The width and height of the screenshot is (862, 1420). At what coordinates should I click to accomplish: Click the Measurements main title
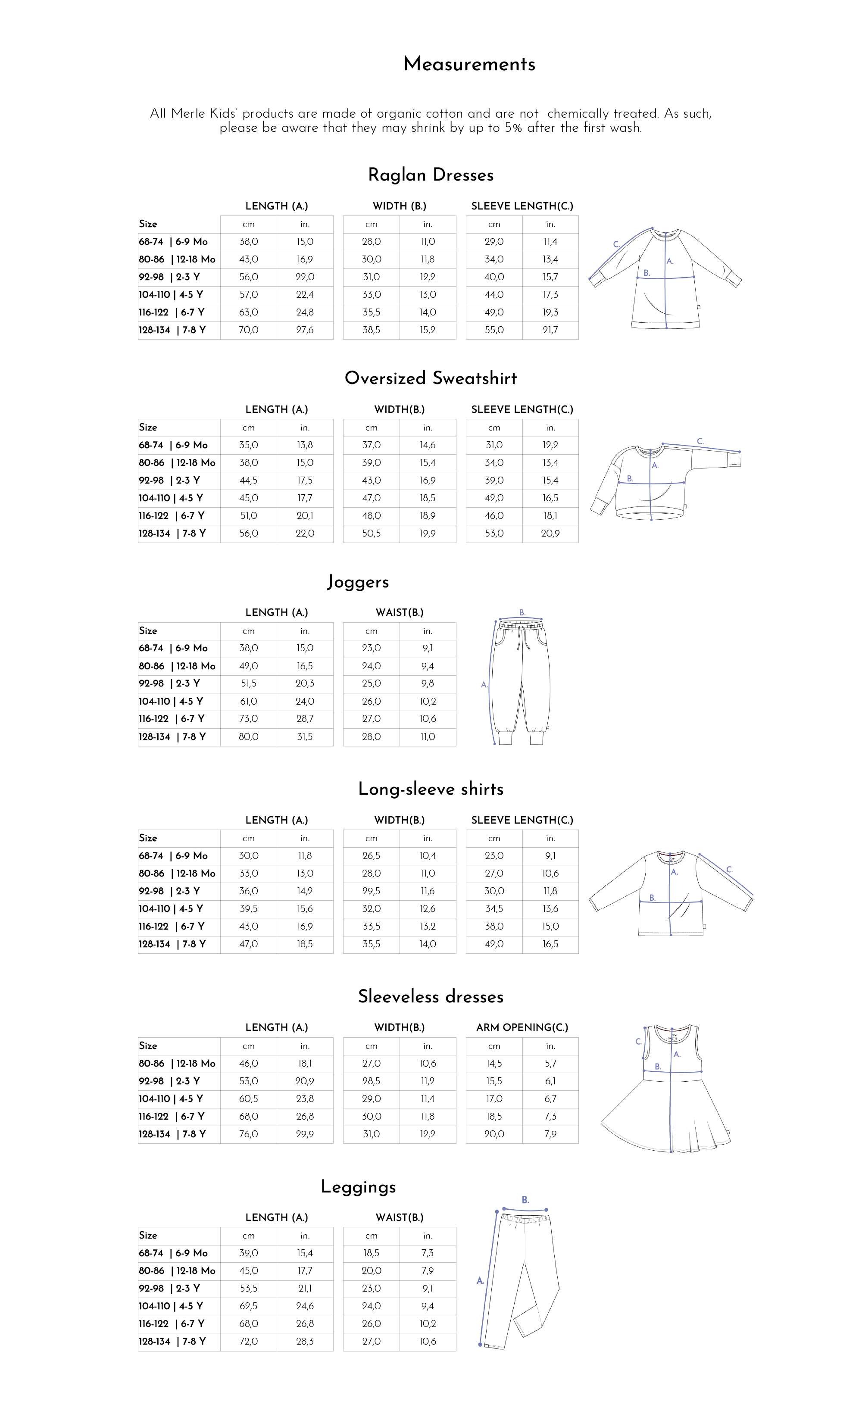[469, 64]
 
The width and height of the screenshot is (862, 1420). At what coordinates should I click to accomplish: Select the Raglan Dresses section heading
[431, 175]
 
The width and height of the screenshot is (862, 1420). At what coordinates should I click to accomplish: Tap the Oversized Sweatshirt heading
[431, 378]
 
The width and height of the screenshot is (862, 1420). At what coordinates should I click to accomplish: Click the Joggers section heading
[358, 581]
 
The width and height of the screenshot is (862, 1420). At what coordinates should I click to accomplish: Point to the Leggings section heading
[358, 1186]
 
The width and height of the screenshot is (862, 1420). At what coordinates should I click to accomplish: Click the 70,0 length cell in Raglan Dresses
[248, 330]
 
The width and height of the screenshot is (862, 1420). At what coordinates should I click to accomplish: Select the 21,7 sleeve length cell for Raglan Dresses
[550, 330]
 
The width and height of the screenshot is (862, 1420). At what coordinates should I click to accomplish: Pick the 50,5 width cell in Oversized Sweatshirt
[371, 534]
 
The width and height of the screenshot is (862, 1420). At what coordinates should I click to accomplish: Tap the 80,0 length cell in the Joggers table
[248, 737]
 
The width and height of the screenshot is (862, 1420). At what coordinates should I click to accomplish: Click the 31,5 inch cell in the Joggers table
[305, 737]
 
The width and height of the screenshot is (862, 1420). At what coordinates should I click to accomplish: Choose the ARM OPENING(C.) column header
[522, 1027]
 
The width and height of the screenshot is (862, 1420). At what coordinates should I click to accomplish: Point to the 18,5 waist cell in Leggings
[371, 1253]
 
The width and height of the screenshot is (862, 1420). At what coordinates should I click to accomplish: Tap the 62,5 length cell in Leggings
[248, 1306]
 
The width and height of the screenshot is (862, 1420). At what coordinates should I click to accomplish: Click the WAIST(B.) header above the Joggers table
[399, 612]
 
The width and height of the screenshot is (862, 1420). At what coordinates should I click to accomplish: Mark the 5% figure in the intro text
[513, 128]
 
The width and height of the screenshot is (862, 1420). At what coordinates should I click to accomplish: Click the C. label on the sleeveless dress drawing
[638, 1041]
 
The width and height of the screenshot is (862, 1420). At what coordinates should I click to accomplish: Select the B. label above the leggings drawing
[525, 1200]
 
